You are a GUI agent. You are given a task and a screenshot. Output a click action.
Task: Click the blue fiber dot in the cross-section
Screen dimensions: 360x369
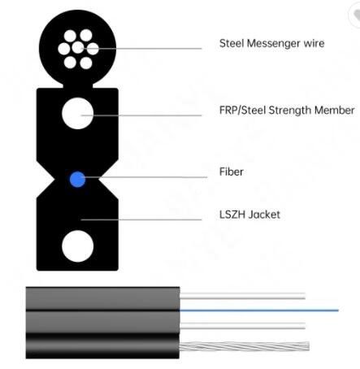click(x=77, y=180)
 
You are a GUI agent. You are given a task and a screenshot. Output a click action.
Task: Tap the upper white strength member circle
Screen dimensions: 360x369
click(x=78, y=113)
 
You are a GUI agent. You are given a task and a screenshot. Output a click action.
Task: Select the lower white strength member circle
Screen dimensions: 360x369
click(x=78, y=246)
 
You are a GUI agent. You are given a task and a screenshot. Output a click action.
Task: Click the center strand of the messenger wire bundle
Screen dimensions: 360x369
click(x=78, y=48)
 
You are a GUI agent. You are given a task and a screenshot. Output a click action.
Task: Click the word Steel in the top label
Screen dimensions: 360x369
click(x=232, y=43)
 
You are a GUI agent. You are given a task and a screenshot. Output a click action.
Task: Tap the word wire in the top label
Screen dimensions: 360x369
click(x=314, y=43)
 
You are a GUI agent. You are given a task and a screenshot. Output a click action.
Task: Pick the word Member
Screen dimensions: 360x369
click(x=335, y=111)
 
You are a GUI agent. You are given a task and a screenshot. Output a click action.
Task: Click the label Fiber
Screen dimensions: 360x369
click(x=232, y=171)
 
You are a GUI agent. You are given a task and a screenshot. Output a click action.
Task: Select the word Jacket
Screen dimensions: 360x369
click(x=264, y=215)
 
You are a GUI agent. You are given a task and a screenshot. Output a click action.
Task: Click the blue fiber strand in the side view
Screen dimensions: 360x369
click(x=259, y=310)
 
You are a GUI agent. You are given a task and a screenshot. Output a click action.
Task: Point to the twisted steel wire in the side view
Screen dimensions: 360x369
click(x=245, y=346)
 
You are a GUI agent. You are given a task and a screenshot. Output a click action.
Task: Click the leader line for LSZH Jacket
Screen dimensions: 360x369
click(x=141, y=219)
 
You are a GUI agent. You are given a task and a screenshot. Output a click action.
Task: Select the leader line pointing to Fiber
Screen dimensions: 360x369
click(x=145, y=177)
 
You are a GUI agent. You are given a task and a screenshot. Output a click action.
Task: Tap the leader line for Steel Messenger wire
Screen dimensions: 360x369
click(x=142, y=49)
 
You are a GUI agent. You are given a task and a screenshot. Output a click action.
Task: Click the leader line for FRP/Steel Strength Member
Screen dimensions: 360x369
click(x=141, y=115)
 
